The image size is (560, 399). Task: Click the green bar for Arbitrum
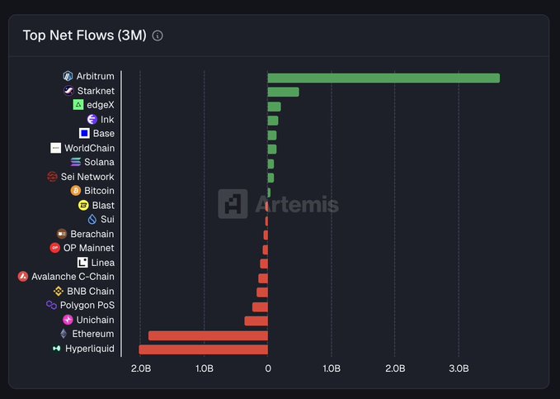click(x=384, y=78)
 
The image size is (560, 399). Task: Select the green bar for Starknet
click(x=284, y=92)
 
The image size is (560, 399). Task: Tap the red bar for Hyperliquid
click(x=203, y=349)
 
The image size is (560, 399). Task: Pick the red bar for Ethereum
click(x=208, y=335)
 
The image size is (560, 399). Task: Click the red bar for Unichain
click(x=256, y=321)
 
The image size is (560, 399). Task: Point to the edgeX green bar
click(x=274, y=107)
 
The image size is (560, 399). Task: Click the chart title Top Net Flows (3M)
click(x=84, y=36)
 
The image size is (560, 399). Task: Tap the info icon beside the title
click(x=158, y=36)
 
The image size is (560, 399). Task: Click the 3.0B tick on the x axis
click(x=459, y=368)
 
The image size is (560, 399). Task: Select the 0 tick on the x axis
click(x=268, y=368)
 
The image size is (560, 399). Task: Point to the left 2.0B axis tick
click(x=140, y=368)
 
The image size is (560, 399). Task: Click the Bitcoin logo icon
click(x=76, y=191)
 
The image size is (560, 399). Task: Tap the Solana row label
click(x=99, y=162)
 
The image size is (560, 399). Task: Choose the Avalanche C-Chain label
click(x=73, y=277)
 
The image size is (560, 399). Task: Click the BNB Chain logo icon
click(x=59, y=292)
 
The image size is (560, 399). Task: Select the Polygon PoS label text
click(x=87, y=306)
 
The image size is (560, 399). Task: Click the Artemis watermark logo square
click(x=233, y=203)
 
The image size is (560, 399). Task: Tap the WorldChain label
click(x=89, y=148)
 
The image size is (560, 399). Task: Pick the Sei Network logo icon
click(x=53, y=177)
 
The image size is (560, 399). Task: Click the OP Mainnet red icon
click(x=55, y=248)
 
